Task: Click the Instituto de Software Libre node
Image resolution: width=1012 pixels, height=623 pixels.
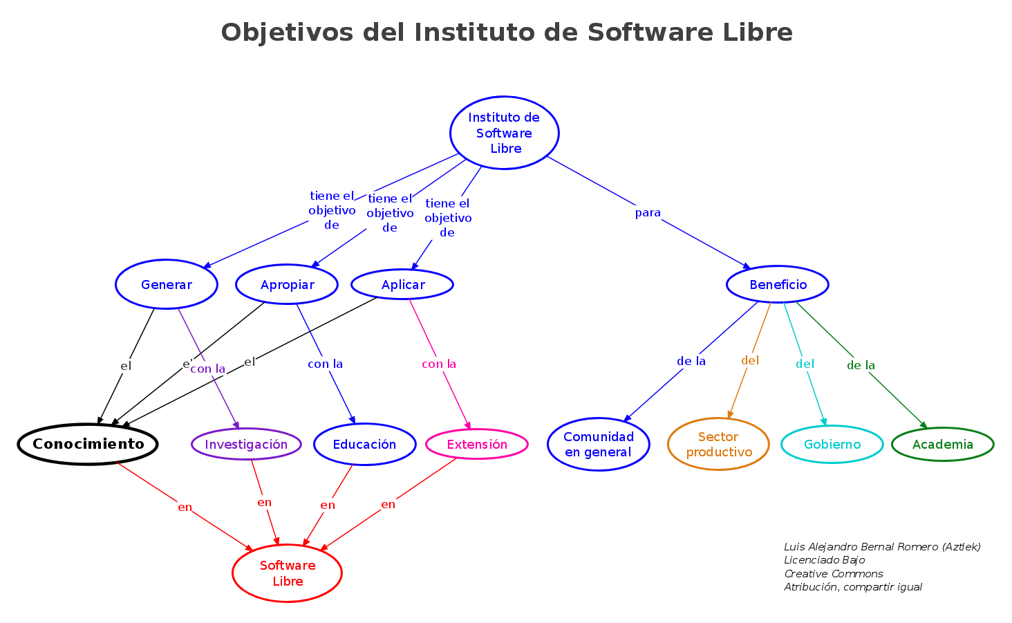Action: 504,133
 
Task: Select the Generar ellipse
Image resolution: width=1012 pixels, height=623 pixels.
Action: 167,284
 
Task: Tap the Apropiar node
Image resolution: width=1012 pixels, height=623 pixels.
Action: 287,284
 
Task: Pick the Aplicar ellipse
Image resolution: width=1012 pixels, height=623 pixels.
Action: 402,284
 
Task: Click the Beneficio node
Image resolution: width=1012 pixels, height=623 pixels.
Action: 778,284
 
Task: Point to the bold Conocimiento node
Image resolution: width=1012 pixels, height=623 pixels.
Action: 88,444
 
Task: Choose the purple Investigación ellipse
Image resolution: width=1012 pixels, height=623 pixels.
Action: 246,444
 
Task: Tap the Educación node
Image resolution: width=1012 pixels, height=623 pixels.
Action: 364,444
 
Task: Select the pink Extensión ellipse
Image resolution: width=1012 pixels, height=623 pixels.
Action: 477,444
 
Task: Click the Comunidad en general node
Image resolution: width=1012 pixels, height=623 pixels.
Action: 599,444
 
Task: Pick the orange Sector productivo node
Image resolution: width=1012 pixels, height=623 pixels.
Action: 718,444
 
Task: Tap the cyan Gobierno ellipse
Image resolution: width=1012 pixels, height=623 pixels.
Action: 832,444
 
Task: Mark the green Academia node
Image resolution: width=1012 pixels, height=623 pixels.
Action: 943,444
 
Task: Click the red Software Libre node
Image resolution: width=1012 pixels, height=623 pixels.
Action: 288,573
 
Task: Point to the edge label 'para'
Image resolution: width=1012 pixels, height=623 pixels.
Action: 648,213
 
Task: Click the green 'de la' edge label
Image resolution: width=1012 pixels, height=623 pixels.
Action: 861,365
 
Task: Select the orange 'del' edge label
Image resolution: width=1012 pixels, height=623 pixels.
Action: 750,360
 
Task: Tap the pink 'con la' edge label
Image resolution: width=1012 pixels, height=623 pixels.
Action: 439,364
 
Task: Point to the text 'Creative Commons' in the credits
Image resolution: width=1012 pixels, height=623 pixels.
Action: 833,573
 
